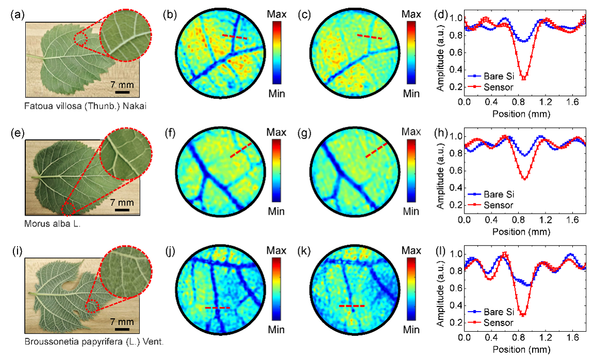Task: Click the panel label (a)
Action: point(18,15)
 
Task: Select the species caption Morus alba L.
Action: point(53,224)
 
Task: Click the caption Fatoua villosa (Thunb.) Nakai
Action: point(85,106)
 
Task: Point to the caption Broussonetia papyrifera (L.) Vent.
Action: point(94,341)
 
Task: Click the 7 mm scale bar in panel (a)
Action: point(122,92)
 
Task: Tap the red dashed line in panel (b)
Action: point(234,37)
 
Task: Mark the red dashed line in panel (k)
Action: point(352,306)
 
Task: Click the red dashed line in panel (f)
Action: point(241,150)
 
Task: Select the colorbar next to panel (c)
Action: point(411,53)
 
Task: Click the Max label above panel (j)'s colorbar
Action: point(276,250)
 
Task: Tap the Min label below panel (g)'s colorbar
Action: point(411,211)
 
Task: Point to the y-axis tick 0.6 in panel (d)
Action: point(455,53)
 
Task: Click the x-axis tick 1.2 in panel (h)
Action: point(546,220)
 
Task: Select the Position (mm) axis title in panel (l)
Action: point(521,349)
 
